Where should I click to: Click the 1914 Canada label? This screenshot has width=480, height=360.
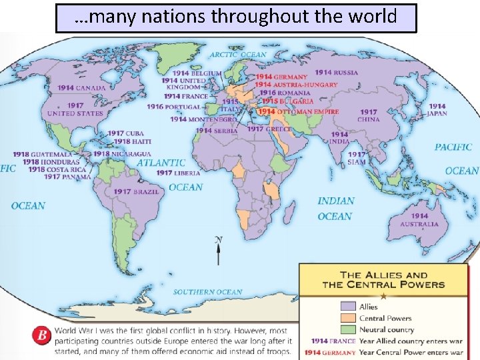(x=81, y=87)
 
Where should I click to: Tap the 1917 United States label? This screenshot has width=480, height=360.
(x=75, y=109)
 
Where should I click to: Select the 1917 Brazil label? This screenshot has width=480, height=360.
(x=136, y=191)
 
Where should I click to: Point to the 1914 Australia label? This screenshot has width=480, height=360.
(x=419, y=220)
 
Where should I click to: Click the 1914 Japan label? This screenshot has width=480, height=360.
(x=437, y=109)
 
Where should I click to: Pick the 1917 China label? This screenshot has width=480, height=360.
(x=369, y=116)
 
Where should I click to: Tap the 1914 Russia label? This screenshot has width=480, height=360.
(x=336, y=73)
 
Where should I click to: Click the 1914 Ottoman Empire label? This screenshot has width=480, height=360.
(x=298, y=112)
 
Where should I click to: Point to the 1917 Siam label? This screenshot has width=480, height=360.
(x=357, y=158)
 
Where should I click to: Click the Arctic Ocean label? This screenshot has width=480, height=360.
(x=238, y=55)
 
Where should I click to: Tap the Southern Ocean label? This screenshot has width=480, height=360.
(x=207, y=292)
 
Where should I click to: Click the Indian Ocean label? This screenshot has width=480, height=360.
(x=335, y=208)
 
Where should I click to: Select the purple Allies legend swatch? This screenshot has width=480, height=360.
(x=348, y=307)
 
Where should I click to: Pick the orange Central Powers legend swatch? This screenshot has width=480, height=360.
(x=348, y=318)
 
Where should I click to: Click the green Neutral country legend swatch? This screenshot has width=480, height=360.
(x=348, y=329)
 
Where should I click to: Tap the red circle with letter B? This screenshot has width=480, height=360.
(x=43, y=335)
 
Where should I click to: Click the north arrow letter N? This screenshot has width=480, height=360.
(x=218, y=239)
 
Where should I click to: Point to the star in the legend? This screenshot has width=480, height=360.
(x=383, y=295)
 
